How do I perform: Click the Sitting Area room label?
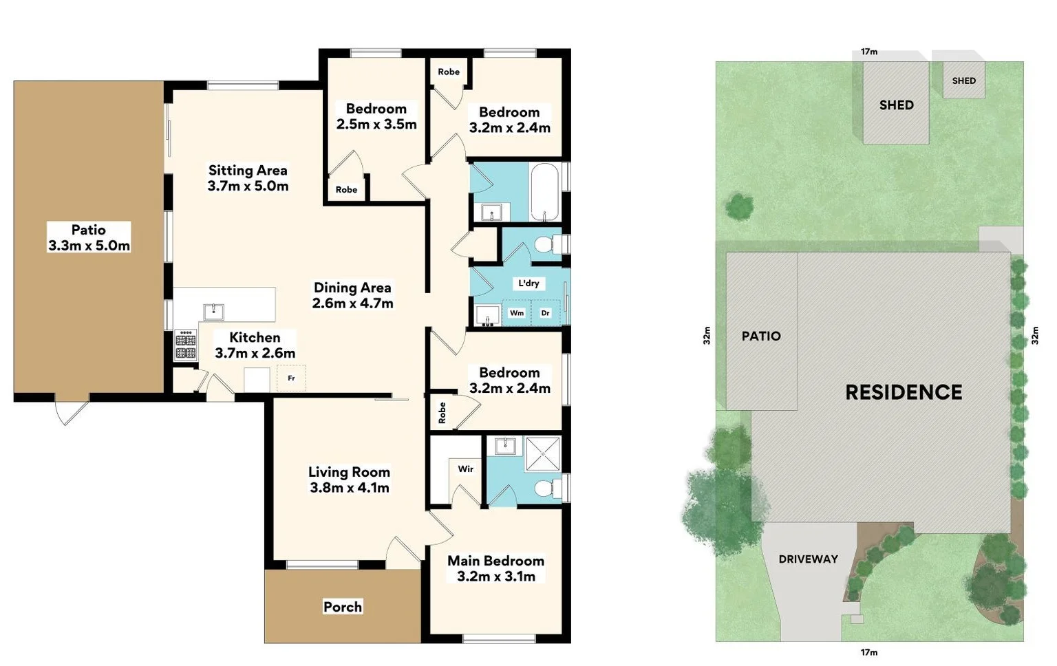point(248,170)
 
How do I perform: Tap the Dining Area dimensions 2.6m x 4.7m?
point(352,303)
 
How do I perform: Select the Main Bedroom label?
point(495,561)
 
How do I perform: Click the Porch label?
point(343,607)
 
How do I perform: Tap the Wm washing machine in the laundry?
point(517,313)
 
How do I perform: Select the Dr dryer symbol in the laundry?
point(546,313)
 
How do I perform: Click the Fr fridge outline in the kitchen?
point(291,378)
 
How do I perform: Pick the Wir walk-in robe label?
point(466,469)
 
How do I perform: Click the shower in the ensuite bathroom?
point(543,454)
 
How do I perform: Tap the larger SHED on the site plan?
point(896,105)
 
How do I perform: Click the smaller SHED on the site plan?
point(963,80)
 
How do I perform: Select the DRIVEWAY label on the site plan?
point(808,559)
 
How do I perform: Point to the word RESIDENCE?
point(904,392)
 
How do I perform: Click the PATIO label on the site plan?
point(761,336)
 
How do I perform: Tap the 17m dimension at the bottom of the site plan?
point(869,652)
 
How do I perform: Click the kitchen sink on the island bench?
point(213,312)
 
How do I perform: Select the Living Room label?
point(349,472)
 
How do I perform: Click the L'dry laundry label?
point(528,283)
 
